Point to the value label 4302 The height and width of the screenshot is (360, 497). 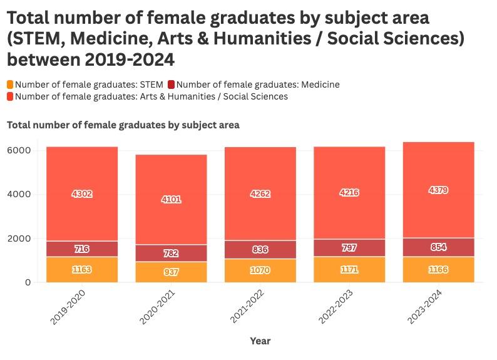click(82, 194)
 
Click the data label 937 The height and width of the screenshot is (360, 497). click(171, 272)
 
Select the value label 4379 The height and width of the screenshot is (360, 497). click(438, 190)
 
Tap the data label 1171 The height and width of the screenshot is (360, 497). click(349, 269)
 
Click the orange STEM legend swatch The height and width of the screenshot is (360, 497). click(10, 85)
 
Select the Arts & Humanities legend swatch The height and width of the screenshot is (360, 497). click(10, 97)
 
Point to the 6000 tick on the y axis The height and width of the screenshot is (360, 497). click(19, 150)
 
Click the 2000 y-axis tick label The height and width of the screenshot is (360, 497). click(19, 239)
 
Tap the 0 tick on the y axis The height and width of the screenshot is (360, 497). click(28, 282)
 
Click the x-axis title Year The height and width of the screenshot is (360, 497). click(260, 341)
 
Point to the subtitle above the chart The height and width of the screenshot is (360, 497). click(123, 125)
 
